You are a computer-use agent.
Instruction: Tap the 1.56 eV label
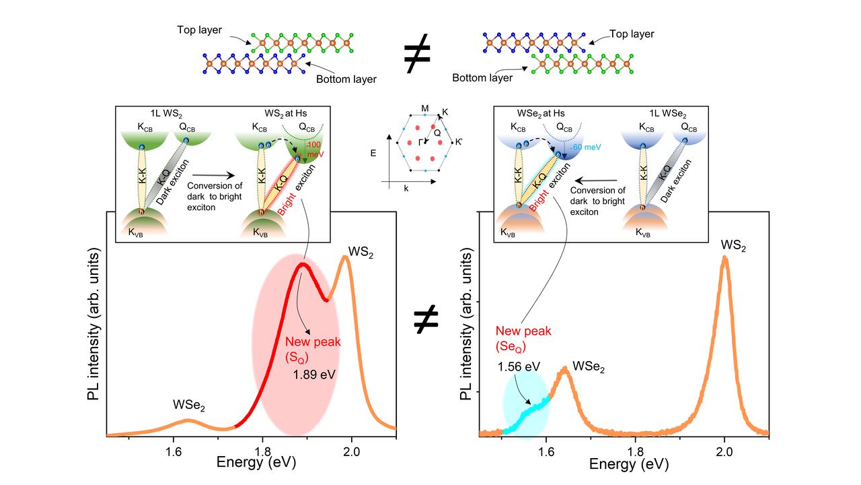[x=519, y=366]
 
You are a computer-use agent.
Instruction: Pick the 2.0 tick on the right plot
[x=724, y=452]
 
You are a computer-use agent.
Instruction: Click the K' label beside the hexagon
[x=459, y=142]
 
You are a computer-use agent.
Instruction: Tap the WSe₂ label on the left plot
[x=189, y=406]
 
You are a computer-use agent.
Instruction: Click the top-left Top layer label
[x=200, y=30]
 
